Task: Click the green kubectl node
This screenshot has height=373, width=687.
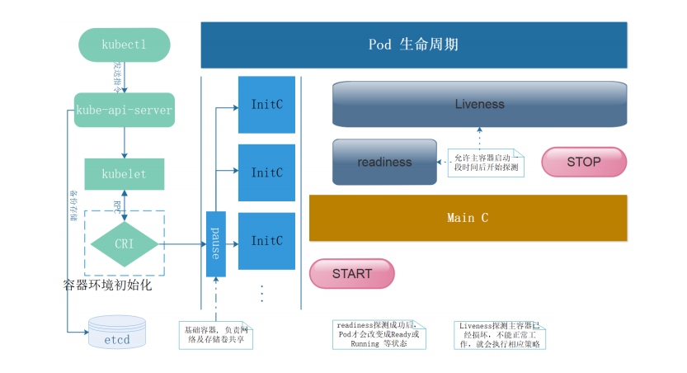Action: point(124,45)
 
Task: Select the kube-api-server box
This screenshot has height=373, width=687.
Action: point(124,110)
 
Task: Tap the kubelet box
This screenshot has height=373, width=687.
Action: point(124,174)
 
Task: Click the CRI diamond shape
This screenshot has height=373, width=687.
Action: point(124,243)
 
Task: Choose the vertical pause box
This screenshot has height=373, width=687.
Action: point(215,244)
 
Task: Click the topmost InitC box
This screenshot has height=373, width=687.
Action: point(266,105)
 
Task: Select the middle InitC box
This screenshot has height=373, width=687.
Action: point(266,172)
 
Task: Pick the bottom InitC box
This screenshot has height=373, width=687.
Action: point(266,241)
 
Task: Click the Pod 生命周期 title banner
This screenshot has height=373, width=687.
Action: point(413,45)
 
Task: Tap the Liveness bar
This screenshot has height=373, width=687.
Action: point(479,105)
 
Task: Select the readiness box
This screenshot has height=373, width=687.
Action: point(384,162)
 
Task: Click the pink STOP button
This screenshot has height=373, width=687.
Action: point(583,162)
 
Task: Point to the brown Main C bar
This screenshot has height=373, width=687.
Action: point(468,218)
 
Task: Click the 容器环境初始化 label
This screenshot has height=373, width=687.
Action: point(107,286)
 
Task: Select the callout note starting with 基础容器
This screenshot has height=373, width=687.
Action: point(215,333)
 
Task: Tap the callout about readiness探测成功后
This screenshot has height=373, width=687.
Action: point(379,334)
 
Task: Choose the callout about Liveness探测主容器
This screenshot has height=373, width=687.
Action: point(501,334)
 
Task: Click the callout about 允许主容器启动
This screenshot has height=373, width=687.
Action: point(487,162)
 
